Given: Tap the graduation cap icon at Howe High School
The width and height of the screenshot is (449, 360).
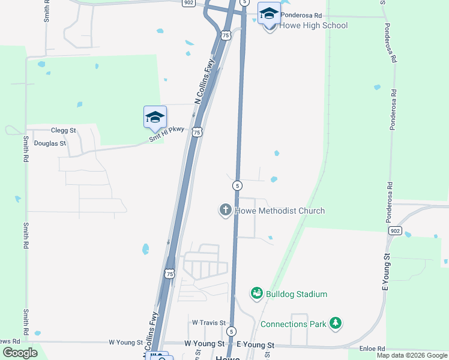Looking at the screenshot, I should [x=269, y=13].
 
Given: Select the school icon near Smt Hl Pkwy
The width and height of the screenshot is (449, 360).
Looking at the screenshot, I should [x=155, y=116].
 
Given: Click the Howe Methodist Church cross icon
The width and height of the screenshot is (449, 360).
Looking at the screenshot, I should [x=226, y=210].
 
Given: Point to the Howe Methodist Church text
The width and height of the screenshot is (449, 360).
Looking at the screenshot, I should [x=280, y=211].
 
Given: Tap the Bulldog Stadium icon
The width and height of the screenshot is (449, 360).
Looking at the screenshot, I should [x=257, y=293].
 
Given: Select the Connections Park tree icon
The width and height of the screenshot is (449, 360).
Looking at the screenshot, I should [x=336, y=324].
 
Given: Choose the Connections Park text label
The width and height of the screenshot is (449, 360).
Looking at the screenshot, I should [x=294, y=324].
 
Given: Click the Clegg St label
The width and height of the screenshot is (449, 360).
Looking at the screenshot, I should [x=63, y=130].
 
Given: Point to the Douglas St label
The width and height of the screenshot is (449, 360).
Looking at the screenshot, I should [x=50, y=143].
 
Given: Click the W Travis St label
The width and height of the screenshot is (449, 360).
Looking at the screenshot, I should [x=208, y=322].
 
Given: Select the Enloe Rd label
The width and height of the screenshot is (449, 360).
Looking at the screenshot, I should [x=372, y=349].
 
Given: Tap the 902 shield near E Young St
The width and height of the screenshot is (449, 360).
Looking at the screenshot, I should [x=394, y=230].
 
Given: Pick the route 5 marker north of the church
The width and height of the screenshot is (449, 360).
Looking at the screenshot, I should [x=238, y=185].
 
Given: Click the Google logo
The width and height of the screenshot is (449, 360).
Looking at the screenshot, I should [x=20, y=353].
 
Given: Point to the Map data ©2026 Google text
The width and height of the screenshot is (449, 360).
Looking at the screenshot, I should [x=412, y=355].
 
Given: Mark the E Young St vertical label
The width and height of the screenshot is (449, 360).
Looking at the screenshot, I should [x=386, y=272].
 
